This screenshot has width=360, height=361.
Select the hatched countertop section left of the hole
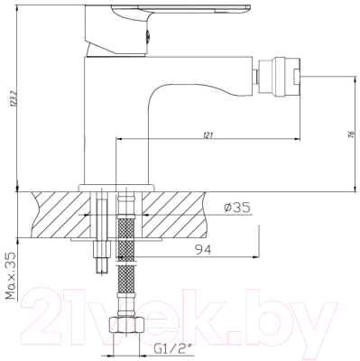(x=54, y=211)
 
